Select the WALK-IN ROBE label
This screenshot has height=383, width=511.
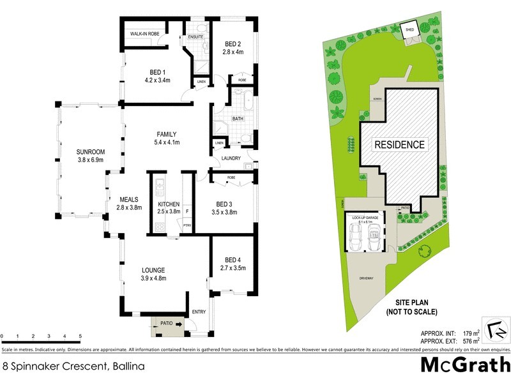144,33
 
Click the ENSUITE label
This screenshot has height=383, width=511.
195,37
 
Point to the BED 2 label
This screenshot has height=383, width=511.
233,44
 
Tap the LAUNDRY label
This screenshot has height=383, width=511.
231,158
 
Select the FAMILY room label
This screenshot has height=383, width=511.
166,134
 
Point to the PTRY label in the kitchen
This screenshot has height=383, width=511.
187,225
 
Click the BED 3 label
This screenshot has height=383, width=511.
224,204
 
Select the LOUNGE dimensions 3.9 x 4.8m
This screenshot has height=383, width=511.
153,279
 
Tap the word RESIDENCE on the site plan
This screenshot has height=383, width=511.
399,145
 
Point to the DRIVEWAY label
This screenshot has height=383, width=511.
366,278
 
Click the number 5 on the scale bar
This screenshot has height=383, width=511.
80,336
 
